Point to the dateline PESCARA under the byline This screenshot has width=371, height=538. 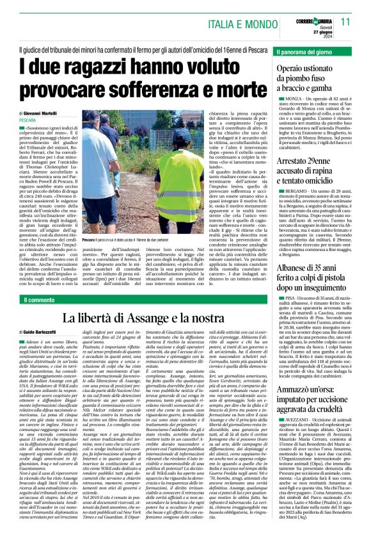click(x=28, y=120)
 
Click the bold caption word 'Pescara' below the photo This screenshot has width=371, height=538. click(x=88, y=241)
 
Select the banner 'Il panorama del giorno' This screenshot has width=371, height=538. click(x=304, y=50)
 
